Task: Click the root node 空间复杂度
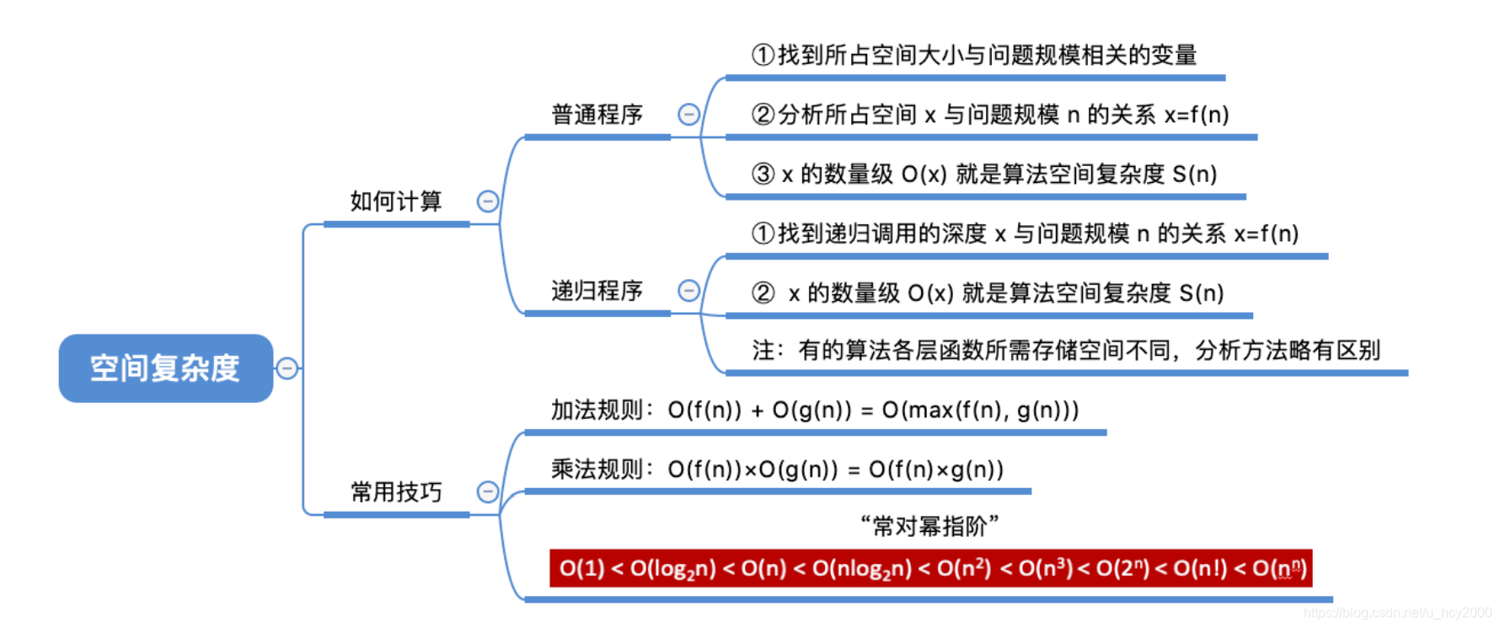(x=165, y=368)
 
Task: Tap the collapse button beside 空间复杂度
(x=287, y=368)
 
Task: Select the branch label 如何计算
(x=396, y=201)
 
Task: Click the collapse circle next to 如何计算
(x=488, y=201)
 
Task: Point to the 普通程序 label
(x=597, y=115)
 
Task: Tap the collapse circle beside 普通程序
(x=688, y=115)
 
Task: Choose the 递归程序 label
(x=597, y=291)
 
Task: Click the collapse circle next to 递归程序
(x=688, y=291)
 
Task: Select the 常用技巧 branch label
(x=396, y=492)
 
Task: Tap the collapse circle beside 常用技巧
(x=488, y=492)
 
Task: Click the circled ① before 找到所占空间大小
(x=763, y=56)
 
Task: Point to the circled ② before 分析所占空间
(x=763, y=115)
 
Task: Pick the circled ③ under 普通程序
(x=763, y=174)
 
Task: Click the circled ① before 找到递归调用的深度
(x=763, y=233)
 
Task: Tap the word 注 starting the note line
(x=763, y=351)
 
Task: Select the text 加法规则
(x=597, y=411)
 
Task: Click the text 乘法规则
(x=597, y=470)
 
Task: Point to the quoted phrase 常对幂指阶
(x=929, y=527)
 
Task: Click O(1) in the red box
(x=581, y=569)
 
